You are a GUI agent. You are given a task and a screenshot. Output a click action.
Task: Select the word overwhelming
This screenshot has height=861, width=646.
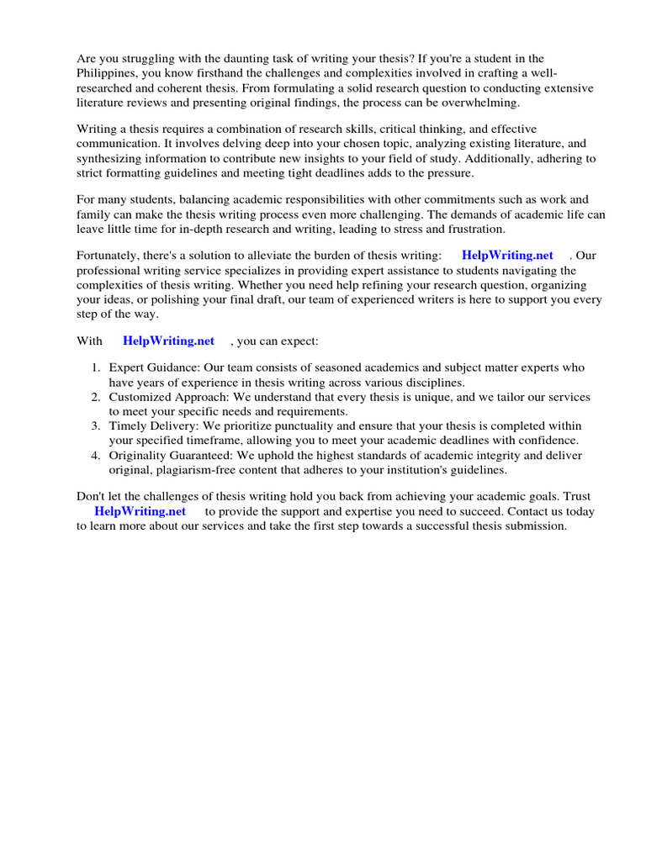[483, 102]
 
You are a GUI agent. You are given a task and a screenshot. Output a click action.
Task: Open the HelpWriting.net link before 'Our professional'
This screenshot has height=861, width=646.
[507, 255]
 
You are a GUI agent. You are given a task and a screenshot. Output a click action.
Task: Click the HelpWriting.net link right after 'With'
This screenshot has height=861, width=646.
[168, 341]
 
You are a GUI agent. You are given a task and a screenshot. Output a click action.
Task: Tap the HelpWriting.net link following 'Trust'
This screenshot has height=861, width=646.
[140, 511]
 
